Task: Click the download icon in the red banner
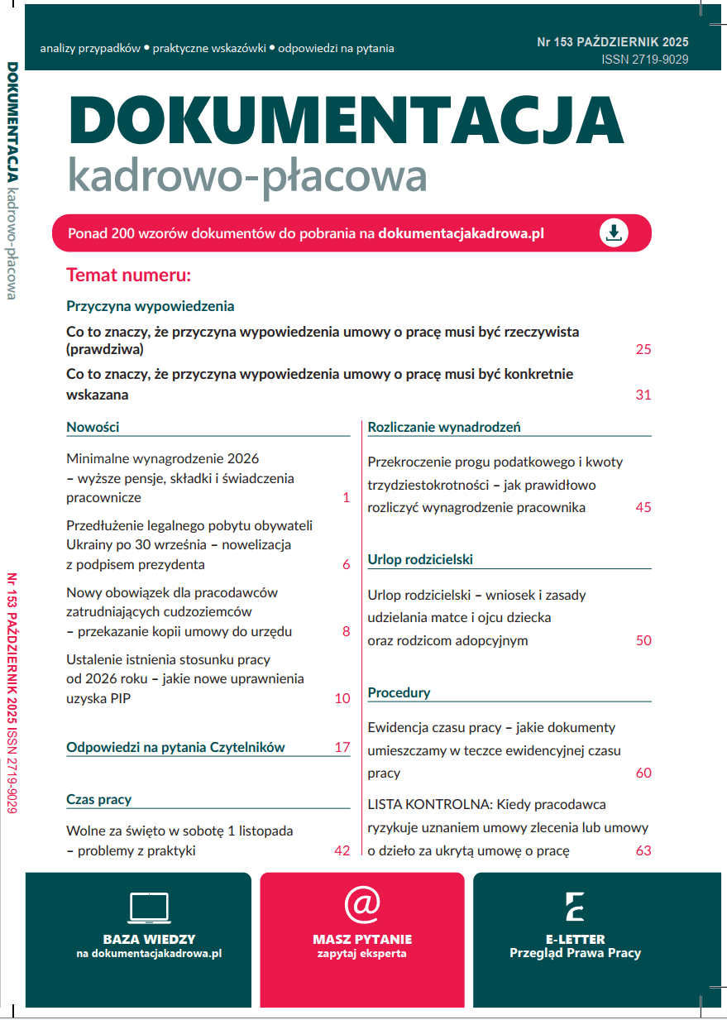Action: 614,233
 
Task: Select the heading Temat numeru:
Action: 128,275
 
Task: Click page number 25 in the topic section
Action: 643,349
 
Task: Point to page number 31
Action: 643,395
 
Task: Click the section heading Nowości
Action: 93,428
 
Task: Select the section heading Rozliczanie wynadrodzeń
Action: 443,428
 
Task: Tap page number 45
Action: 643,507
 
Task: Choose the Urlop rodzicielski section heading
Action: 419,560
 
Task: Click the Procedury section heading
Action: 399,692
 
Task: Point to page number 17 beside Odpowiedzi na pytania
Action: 342,747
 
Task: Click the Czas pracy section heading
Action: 98,799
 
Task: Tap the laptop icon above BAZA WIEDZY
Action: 149,907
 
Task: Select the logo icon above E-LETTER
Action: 575,907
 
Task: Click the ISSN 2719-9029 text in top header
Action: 644,60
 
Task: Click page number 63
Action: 643,850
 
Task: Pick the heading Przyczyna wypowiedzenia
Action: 150,306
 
